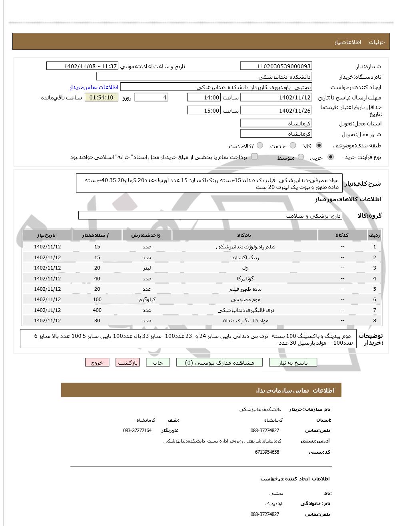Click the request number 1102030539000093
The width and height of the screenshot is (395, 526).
[276, 66]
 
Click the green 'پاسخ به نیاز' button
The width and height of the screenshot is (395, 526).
[293, 363]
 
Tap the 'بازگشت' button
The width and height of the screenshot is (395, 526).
[128, 363]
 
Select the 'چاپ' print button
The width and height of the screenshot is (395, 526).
[158, 363]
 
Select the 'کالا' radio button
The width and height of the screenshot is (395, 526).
[319, 146]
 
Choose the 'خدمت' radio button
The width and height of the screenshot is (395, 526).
[293, 146]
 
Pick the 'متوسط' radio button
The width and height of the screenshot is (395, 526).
[301, 157]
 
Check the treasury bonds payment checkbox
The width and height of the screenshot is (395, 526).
[254, 157]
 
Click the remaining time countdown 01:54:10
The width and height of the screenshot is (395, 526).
[101, 97]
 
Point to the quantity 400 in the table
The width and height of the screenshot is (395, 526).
[97, 310]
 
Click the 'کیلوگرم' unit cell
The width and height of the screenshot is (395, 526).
[147, 300]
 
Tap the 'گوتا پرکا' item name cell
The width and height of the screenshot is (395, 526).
[245, 278]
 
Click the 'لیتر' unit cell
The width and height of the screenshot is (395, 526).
[147, 268]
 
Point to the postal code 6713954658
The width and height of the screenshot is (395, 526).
[267, 452]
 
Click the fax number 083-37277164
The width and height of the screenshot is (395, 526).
[137, 431]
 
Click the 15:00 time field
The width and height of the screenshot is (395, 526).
[203, 111]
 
